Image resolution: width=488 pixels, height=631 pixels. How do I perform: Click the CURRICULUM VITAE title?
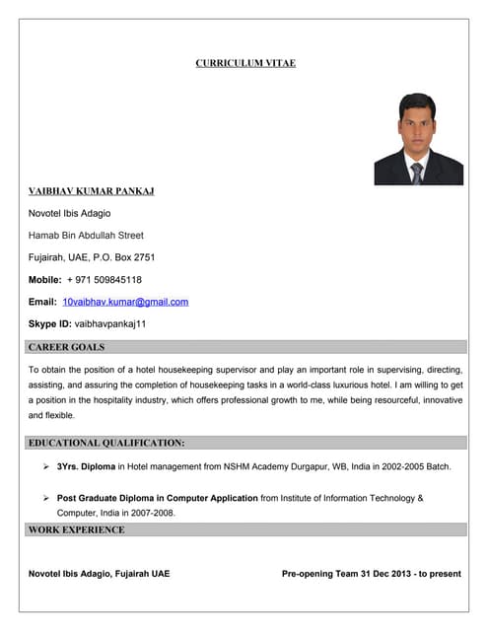[245, 63]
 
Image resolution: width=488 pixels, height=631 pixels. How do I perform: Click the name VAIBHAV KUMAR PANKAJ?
[91, 190]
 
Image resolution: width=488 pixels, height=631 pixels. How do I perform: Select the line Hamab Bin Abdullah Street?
[86, 235]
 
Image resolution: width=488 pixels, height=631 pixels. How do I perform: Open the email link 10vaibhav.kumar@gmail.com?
[124, 302]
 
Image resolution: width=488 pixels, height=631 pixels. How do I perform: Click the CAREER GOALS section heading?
[66, 347]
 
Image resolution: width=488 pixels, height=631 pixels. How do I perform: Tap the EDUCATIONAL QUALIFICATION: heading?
[106, 443]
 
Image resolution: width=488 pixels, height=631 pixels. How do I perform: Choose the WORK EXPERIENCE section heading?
[77, 529]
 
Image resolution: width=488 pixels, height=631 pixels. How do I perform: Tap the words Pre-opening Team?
[316, 573]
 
